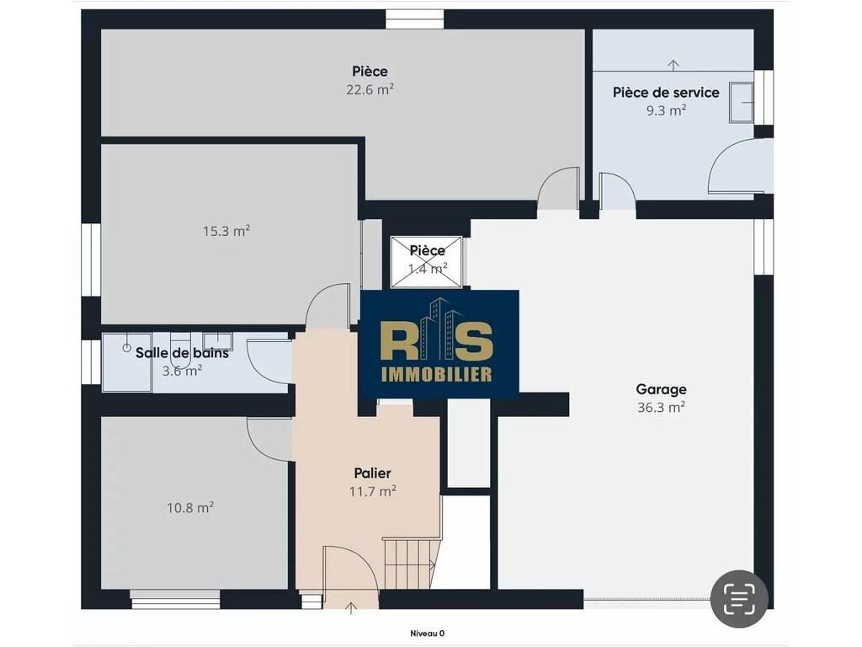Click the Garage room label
click(x=661, y=389)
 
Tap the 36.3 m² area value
click(x=661, y=408)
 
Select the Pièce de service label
click(x=666, y=93)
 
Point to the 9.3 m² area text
click(x=666, y=110)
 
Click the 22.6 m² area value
click(x=370, y=89)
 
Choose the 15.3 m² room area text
click(x=226, y=231)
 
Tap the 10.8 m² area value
click(x=190, y=507)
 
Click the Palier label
click(x=372, y=473)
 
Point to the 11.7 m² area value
click(x=373, y=491)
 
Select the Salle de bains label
click(x=182, y=353)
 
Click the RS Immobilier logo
click(x=439, y=345)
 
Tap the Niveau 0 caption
click(x=427, y=634)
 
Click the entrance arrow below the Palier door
click(x=351, y=608)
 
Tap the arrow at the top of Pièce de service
click(x=673, y=65)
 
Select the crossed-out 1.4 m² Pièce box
click(x=427, y=262)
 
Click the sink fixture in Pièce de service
click(x=741, y=102)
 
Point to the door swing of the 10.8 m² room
click(x=269, y=438)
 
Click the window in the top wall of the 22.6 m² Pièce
click(x=414, y=19)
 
